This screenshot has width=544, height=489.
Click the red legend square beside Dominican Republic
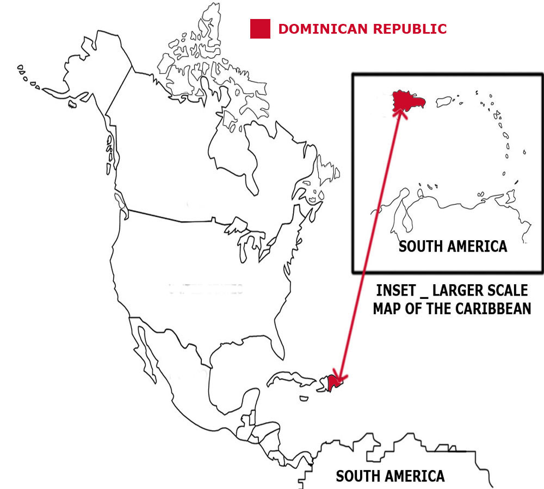[x=260, y=29]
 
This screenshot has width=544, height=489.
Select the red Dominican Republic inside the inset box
[x=407, y=101]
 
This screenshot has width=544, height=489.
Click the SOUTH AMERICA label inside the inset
[x=453, y=246]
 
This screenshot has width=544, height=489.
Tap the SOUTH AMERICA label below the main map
[x=390, y=477]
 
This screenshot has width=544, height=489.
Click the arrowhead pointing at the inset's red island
[x=401, y=113]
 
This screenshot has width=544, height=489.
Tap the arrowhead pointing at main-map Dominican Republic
[x=339, y=377]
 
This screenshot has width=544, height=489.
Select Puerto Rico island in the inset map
[x=444, y=102]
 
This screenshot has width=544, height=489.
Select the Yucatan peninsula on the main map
[x=245, y=402]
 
